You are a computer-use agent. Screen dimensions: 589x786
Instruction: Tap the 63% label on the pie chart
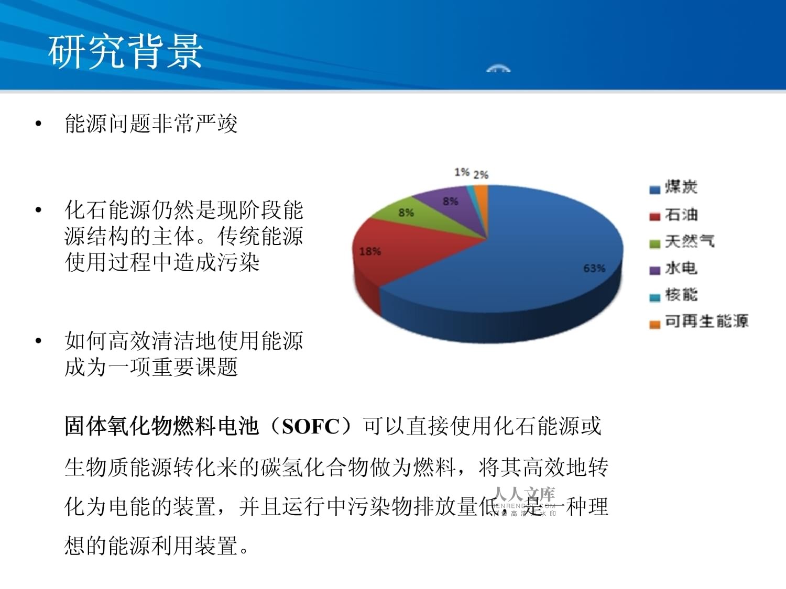pos(594,269)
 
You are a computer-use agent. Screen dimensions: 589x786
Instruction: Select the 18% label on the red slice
pos(370,252)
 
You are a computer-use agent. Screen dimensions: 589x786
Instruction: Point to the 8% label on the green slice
pos(406,213)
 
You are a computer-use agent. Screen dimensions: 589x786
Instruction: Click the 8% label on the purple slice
pos(451,201)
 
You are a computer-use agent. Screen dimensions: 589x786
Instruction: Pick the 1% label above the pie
pos(462,172)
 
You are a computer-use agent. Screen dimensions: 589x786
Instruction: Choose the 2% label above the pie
pos(481,175)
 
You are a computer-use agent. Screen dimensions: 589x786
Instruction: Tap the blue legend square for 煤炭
pos(654,190)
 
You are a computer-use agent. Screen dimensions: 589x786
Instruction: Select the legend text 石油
pos(681,215)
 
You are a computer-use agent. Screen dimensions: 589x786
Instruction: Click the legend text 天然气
pos(689,241)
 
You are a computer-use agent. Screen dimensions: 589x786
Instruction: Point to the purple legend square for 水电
pos(654,271)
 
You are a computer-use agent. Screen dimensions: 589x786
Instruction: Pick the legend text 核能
pos(681,295)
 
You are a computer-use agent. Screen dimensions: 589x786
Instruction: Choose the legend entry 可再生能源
pos(706,321)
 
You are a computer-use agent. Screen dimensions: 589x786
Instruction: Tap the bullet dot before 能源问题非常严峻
pos(38,124)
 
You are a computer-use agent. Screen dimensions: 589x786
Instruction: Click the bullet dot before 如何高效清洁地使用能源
pos(38,341)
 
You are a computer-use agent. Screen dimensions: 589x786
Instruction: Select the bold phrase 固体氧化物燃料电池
pos(161,427)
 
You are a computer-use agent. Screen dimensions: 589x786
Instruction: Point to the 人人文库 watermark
pos(524,494)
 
